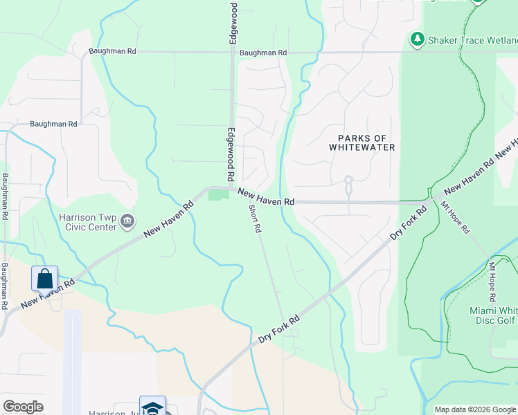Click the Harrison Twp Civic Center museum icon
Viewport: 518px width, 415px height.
127,221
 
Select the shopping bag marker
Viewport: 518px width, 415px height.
44,279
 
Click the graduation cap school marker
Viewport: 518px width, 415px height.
152,407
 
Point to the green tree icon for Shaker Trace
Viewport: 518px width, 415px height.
417,39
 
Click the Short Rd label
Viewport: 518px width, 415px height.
253,217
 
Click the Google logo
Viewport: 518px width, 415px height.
23,407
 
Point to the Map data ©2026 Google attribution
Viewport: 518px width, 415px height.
475,409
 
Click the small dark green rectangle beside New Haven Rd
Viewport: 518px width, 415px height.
218,195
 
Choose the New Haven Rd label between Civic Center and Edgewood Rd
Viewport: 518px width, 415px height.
169,220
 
